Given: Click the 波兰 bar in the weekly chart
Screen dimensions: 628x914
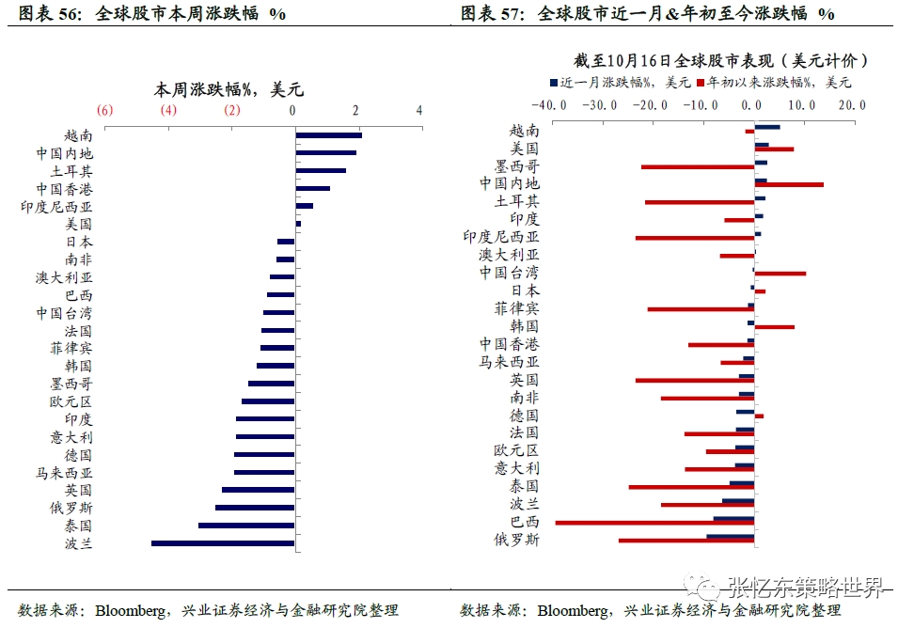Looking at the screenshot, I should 223,542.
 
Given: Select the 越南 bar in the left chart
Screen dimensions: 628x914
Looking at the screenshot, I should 328,135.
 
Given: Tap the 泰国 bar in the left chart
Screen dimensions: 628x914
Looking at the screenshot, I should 246,526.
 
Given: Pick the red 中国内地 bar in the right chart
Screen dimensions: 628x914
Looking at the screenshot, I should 789,184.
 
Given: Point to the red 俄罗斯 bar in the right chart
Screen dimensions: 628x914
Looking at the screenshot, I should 686,541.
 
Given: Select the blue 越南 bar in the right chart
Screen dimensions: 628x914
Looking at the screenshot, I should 767,127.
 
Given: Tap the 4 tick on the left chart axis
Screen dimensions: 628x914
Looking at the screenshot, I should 420,110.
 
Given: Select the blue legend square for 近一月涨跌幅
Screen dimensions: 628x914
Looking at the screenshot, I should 555,83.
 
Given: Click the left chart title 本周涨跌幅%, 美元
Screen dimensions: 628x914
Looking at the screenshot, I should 228,89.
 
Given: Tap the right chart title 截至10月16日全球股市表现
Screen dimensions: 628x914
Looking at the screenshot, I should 714,61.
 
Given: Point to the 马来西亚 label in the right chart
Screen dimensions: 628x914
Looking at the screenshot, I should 510,362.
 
